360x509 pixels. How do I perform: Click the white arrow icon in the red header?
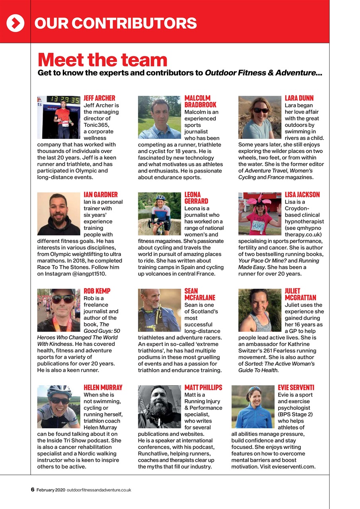[15, 23]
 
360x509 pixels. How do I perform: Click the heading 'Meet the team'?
[102, 60]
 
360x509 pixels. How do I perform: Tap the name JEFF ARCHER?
[99, 98]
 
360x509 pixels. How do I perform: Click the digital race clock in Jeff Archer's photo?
[63, 100]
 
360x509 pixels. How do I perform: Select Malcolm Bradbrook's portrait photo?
[159, 117]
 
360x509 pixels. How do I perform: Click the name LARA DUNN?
[299, 98]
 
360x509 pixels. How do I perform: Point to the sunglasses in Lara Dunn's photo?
[261, 110]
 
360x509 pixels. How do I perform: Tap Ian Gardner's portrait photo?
[58, 214]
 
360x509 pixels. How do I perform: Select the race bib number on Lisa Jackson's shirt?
[258, 227]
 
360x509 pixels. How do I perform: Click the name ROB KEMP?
[97, 291]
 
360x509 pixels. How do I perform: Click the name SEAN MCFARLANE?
[199, 294]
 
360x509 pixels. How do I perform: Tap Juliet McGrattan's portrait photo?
[260, 310]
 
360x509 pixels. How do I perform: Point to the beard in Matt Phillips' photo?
[160, 412]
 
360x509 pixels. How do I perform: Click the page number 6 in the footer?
[33, 490]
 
